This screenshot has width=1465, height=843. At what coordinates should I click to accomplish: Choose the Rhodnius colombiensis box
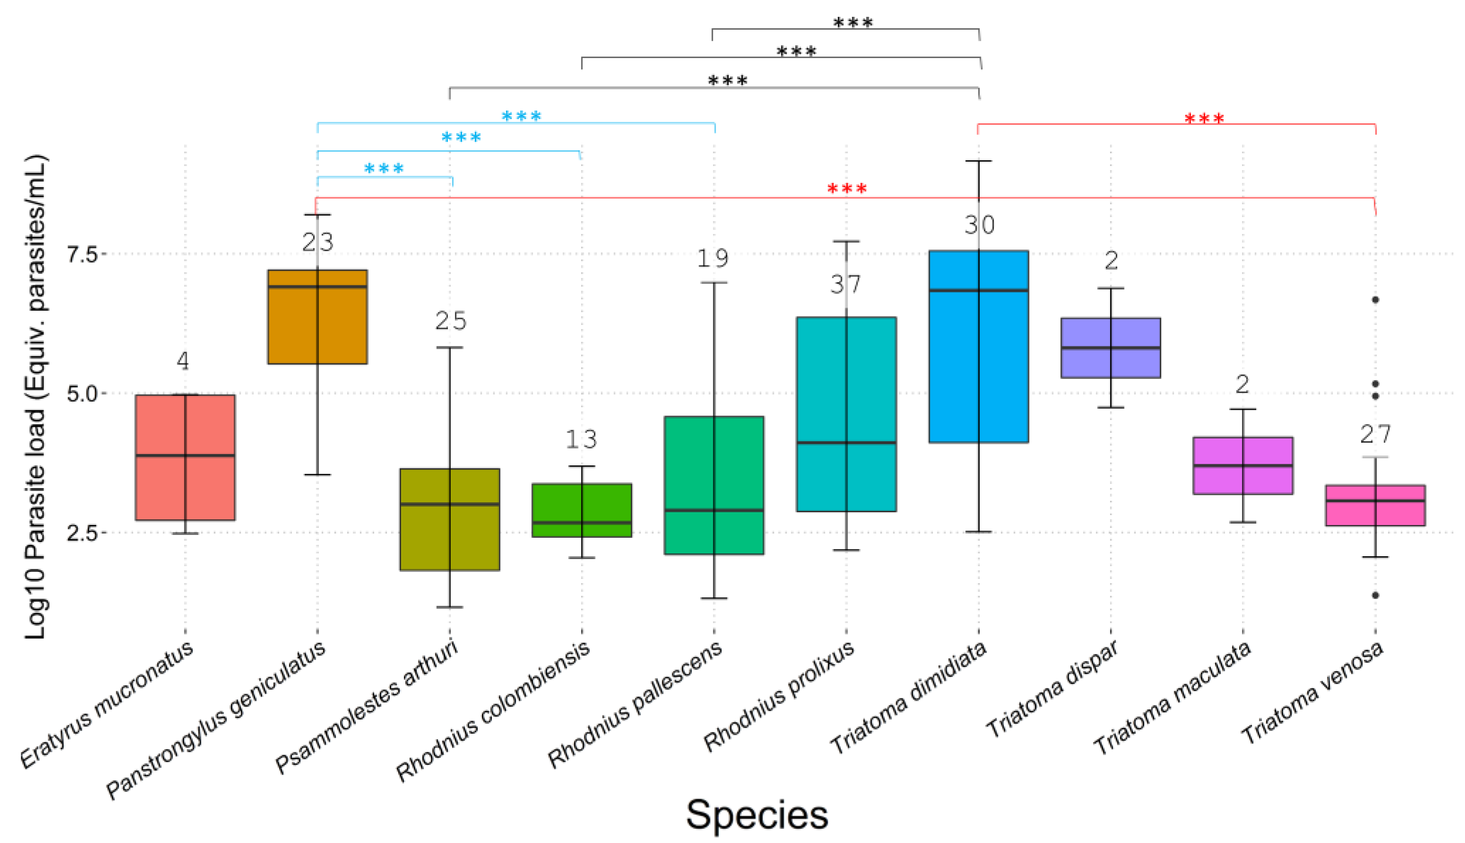(582, 510)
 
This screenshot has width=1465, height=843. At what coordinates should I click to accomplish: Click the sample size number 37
(846, 284)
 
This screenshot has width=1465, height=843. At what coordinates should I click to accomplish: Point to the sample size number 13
(581, 439)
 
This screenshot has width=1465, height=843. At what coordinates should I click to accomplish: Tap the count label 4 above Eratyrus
(183, 361)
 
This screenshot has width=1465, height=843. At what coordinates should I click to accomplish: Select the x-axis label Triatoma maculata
(1172, 697)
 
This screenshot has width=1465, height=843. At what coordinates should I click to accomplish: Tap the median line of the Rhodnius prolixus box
(846, 443)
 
